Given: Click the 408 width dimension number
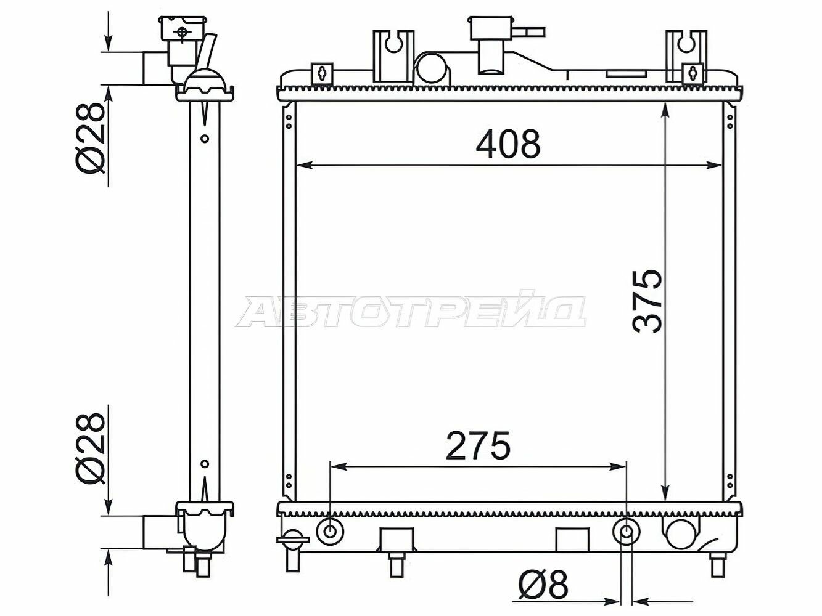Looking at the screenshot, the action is pyautogui.click(x=508, y=144).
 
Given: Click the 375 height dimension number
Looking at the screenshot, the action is pyautogui.click(x=647, y=301).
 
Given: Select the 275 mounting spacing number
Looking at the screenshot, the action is pyautogui.click(x=479, y=445).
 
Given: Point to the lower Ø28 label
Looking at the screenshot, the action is pyautogui.click(x=89, y=448).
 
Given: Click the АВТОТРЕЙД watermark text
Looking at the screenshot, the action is pyautogui.click(x=411, y=310).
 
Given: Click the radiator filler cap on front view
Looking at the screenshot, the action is pyautogui.click(x=491, y=28).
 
